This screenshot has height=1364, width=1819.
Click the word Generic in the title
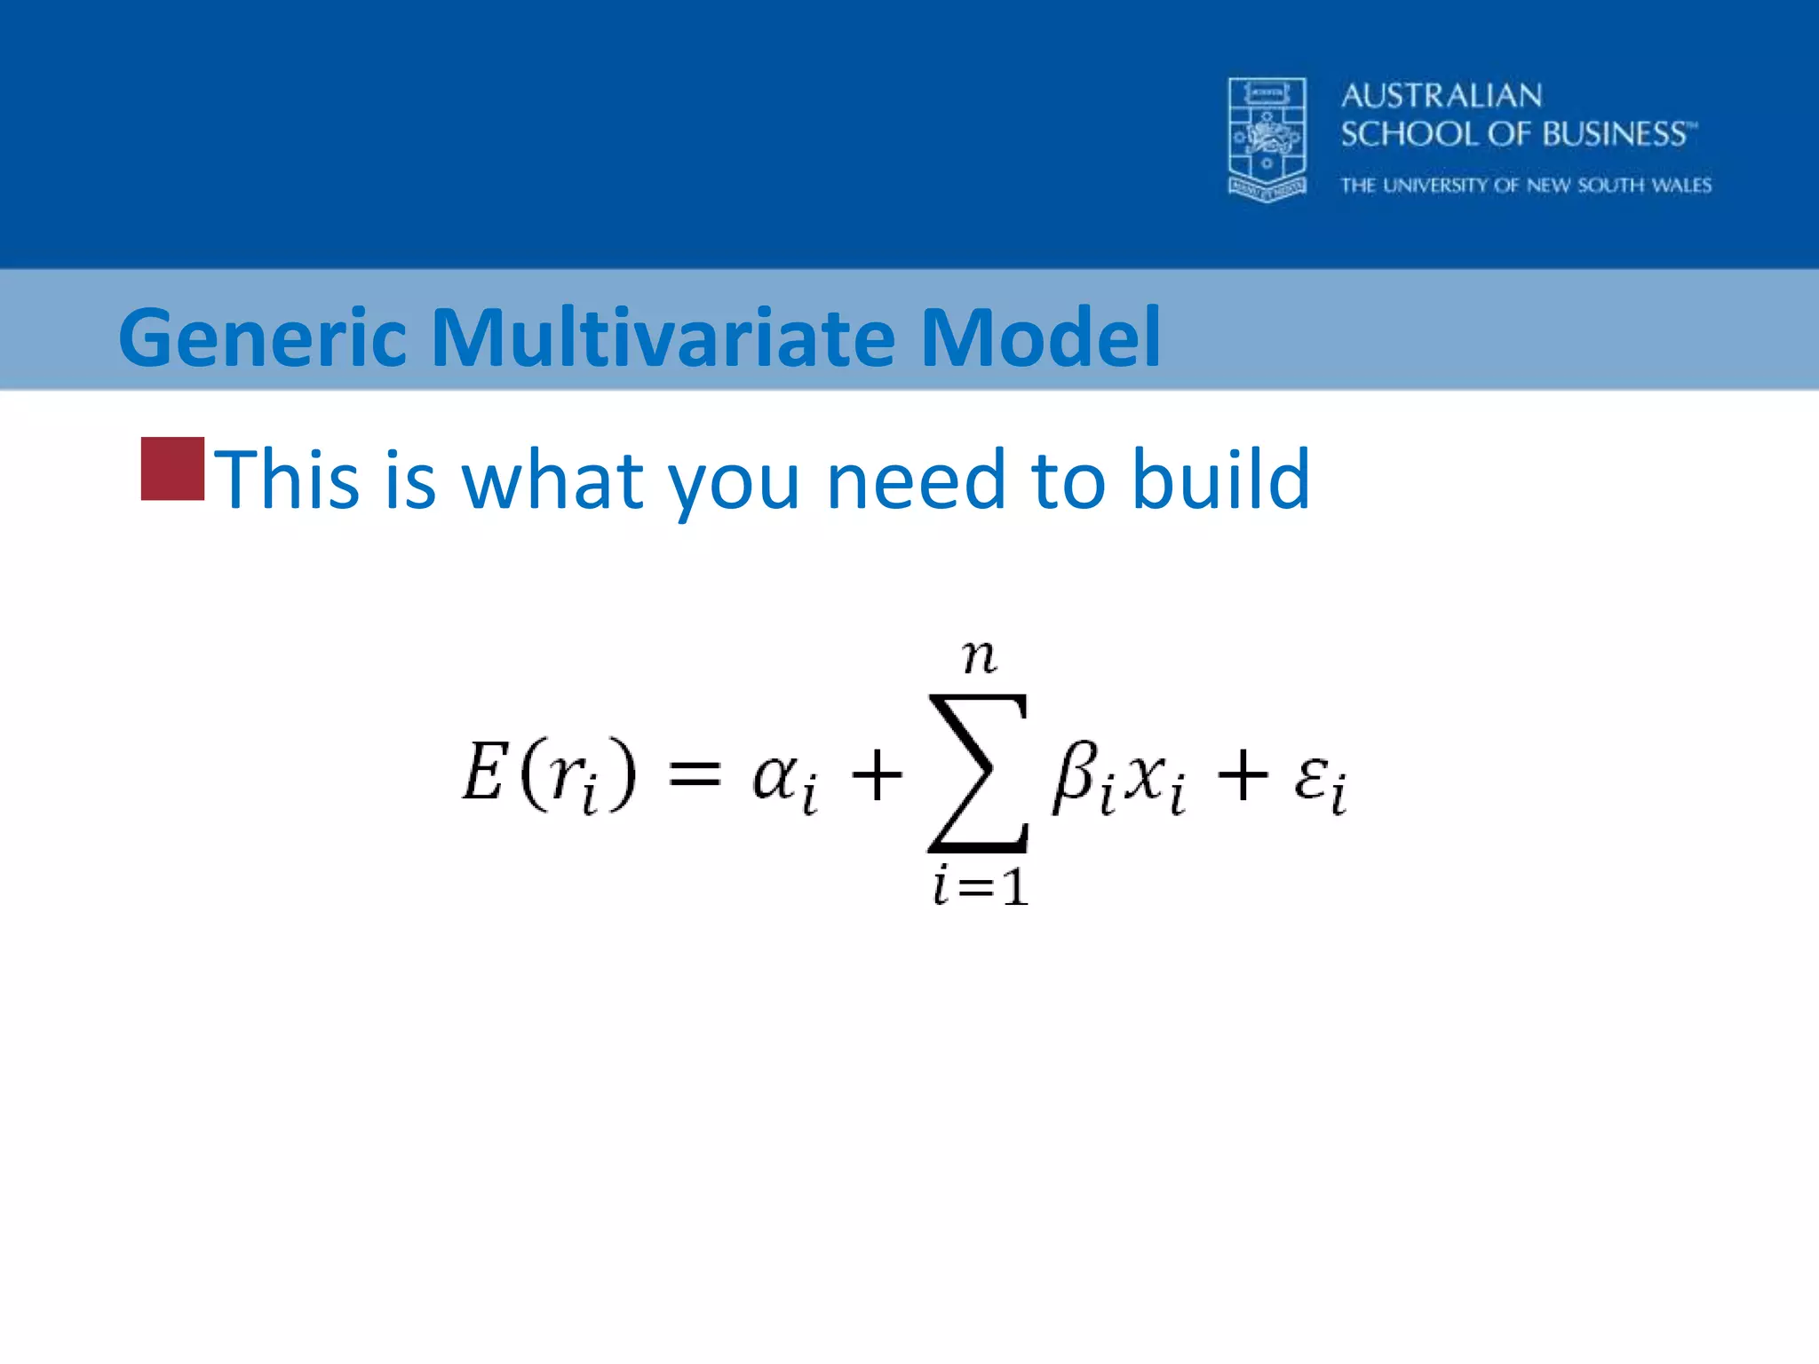(x=262, y=338)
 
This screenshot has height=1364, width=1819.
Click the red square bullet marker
(x=172, y=469)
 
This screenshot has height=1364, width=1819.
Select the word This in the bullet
(x=286, y=480)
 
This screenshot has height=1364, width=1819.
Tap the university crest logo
(x=1267, y=139)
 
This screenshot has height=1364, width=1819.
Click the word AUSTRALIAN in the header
(x=1441, y=96)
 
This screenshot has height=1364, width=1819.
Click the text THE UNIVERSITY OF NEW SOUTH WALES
(x=1525, y=186)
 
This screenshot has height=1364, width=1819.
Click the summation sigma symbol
(x=978, y=773)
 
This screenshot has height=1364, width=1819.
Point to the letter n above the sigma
(x=979, y=657)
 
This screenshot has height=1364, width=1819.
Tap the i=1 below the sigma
(x=980, y=886)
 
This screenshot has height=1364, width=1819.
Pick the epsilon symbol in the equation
(x=1311, y=774)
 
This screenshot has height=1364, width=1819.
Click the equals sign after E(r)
(x=694, y=774)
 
